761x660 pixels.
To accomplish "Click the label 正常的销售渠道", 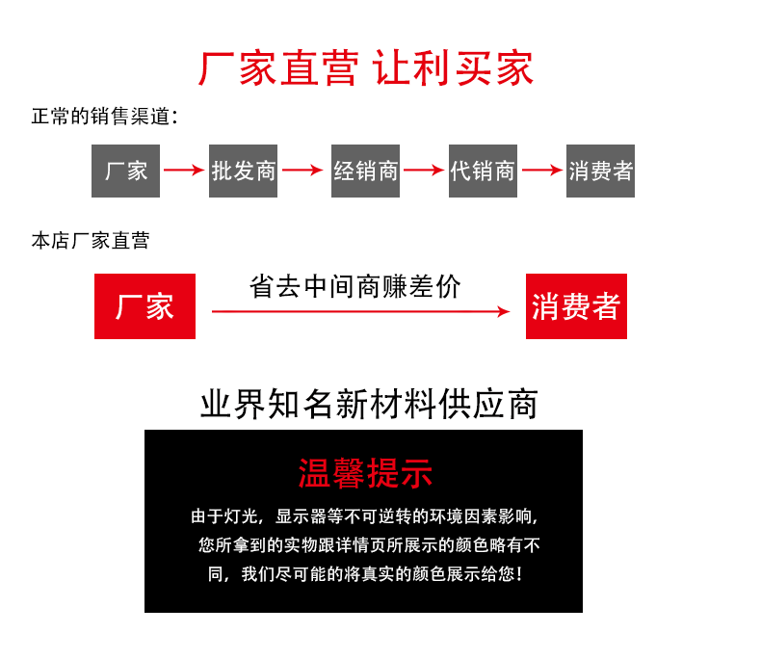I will pyautogui.click(x=104, y=118).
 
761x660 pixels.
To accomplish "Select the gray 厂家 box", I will pyautogui.click(x=125, y=172).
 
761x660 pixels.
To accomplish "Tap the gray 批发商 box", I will pyautogui.click(x=243, y=172).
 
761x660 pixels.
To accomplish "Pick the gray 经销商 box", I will pyautogui.click(x=365, y=172).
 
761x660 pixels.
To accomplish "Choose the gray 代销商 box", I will pyautogui.click(x=483, y=172).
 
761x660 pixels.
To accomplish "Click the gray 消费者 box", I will pyautogui.click(x=600, y=172).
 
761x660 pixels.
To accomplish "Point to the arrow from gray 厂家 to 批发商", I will pyautogui.click(x=184, y=172).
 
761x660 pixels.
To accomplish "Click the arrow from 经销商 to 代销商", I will pyautogui.click(x=424, y=172).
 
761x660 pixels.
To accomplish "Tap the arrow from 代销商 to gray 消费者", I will pyautogui.click(x=541, y=172).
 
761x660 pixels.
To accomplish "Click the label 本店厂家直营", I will pyautogui.click(x=90, y=241).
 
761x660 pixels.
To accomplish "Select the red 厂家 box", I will pyautogui.click(x=144, y=306).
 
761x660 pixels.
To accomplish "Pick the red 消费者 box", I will pyautogui.click(x=576, y=306).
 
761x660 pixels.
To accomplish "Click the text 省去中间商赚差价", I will pyautogui.click(x=354, y=287).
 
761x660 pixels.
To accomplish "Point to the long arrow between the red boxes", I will pyautogui.click(x=360, y=311).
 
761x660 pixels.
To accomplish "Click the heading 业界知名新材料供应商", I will pyautogui.click(x=368, y=404).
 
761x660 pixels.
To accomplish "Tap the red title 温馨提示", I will pyautogui.click(x=364, y=474).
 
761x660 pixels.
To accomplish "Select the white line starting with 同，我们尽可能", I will pyautogui.click(x=364, y=574).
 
